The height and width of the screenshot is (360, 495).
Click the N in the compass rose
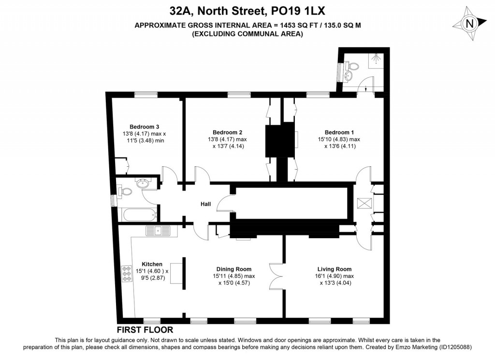point(470,24)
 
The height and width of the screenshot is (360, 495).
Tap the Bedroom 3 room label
point(144,127)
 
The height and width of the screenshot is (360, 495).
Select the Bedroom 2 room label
point(227,132)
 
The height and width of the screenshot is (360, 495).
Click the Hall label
point(206,204)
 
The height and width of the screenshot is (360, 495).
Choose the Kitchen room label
point(152,264)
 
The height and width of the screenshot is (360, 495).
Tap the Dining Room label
point(234,269)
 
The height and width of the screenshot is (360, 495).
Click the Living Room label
point(335,269)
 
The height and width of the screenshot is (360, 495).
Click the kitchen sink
point(158,231)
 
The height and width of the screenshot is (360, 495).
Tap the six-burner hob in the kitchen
point(127,274)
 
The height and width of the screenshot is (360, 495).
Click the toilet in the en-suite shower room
point(352,67)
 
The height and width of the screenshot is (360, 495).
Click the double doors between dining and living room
point(276,276)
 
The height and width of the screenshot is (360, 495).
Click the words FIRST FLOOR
point(145,330)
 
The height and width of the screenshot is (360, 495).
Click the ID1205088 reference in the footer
point(455,347)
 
